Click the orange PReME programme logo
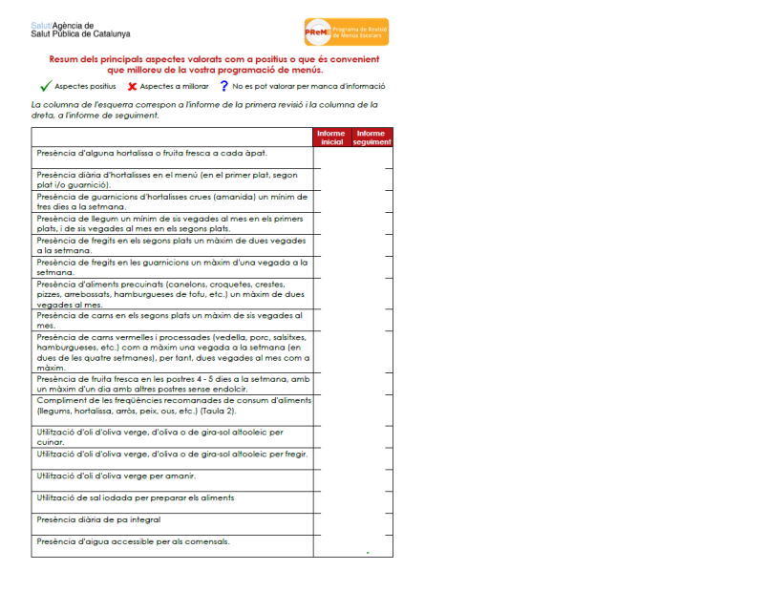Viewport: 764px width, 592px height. pyautogui.click(x=346, y=32)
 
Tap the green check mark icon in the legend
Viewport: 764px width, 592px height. pyautogui.click(x=45, y=86)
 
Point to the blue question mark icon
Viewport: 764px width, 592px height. pyautogui.click(x=223, y=86)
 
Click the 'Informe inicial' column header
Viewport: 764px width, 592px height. pyautogui.click(x=331, y=137)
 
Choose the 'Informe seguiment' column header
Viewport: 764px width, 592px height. pyautogui.click(x=371, y=137)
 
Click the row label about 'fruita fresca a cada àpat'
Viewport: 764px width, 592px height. pyautogui.click(x=151, y=153)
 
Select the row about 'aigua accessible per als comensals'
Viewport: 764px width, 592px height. pyautogui.click(x=133, y=541)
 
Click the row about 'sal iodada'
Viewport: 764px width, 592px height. pyautogui.click(x=135, y=497)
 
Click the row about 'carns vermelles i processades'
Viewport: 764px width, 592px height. pyautogui.click(x=172, y=351)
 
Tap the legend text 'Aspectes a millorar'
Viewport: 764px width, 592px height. pyautogui.click(x=175, y=86)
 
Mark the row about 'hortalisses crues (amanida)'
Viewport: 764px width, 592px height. pyautogui.click(x=172, y=201)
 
